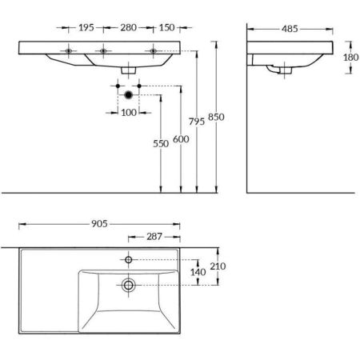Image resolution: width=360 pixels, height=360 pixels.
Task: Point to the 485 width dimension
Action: pyautogui.click(x=290, y=30)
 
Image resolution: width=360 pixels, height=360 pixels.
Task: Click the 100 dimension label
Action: pyautogui.click(x=127, y=111)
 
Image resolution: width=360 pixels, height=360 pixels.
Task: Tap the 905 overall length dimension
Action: pyautogui.click(x=98, y=225)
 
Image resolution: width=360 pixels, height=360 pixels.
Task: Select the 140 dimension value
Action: pyautogui.click(x=199, y=272)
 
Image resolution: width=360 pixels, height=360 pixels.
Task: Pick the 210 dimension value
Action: pyautogui.click(x=217, y=266)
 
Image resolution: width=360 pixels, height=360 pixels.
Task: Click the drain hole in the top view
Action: pyautogui.click(x=127, y=284)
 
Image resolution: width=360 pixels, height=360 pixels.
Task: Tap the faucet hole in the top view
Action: pyautogui.click(x=127, y=259)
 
